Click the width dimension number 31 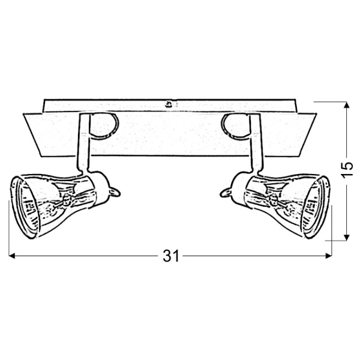(171, 256)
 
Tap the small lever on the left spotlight (116, 190)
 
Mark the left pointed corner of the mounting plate (23, 113)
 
